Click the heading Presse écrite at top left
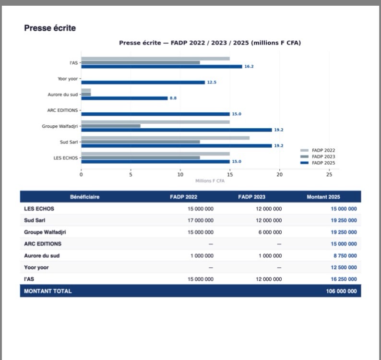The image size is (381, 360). (x=50, y=28)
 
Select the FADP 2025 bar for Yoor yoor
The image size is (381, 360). (x=143, y=83)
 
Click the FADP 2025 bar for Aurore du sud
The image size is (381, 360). (x=124, y=98)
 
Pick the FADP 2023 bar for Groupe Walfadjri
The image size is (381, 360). (x=111, y=126)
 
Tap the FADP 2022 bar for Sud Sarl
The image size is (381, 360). (x=165, y=138)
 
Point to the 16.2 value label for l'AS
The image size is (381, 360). (x=249, y=67)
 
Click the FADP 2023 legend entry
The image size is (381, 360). (x=323, y=156)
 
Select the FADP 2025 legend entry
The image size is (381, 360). (x=323, y=163)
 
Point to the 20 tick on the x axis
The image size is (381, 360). (x=279, y=174)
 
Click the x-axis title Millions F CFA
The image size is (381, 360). (x=210, y=181)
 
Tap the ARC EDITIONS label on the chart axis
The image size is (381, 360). (x=62, y=110)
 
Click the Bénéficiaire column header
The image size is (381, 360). (x=85, y=197)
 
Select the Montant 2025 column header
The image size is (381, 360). (x=324, y=197)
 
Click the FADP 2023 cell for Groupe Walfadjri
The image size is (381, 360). (x=270, y=232)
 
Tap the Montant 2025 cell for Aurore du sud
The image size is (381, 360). (x=343, y=256)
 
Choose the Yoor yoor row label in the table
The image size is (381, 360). (x=36, y=267)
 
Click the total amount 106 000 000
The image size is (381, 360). (x=341, y=291)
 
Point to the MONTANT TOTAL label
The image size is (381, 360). (x=48, y=291)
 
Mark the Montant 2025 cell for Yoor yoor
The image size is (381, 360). (x=343, y=267)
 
